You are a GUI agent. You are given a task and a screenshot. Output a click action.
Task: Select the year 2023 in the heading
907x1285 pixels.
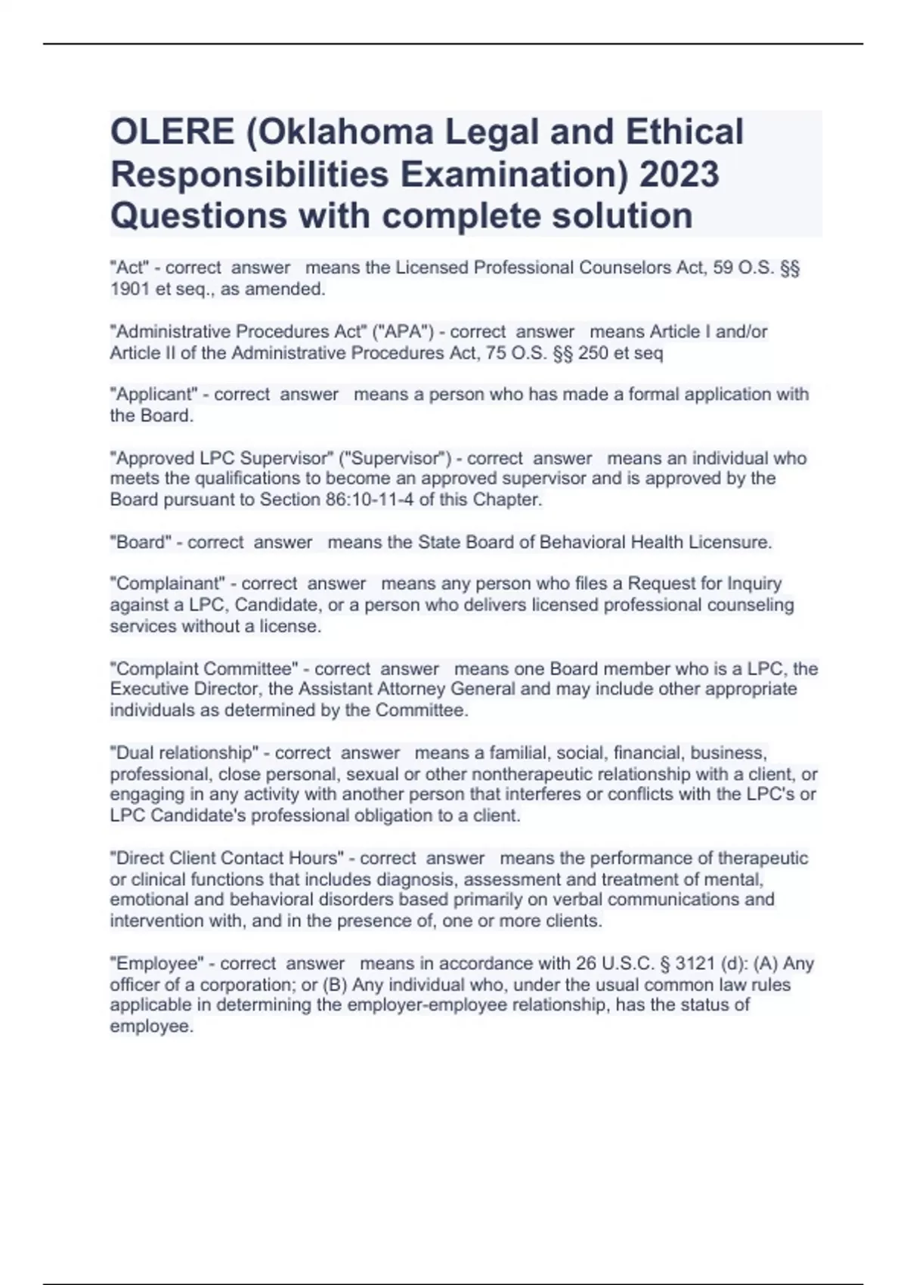(679, 174)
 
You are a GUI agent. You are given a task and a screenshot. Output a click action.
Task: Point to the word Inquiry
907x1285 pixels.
(754, 584)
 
